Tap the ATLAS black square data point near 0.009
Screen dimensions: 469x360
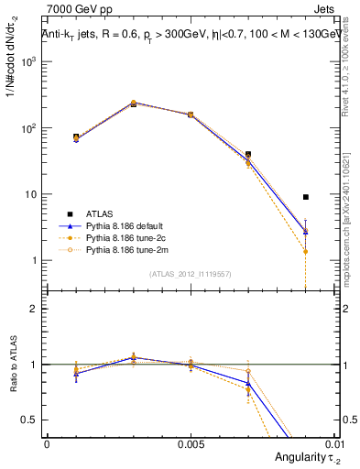[306, 197]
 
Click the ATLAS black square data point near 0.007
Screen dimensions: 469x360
[248, 155]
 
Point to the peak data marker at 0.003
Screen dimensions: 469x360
[134, 104]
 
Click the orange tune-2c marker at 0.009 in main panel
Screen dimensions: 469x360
[306, 252]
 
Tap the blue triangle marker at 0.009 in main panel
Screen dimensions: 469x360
[306, 231]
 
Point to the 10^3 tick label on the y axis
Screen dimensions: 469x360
[28, 61]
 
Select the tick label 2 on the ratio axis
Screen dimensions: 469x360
[34, 309]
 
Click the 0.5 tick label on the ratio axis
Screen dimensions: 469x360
[30, 420]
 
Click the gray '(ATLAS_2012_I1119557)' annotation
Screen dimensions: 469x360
[191, 274]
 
